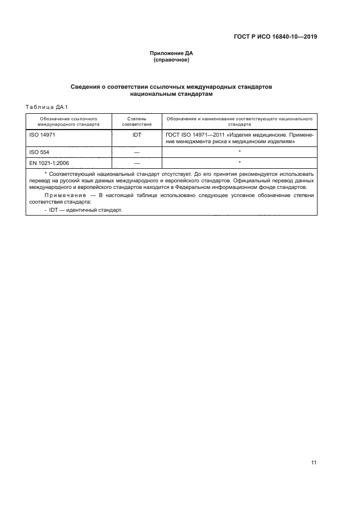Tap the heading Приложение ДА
point(172,53)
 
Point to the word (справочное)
point(172,60)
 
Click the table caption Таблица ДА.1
point(46,106)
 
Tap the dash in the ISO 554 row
point(137,153)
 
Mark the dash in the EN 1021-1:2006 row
point(137,163)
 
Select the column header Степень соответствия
point(137,121)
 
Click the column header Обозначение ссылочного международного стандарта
point(69,121)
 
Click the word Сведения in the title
point(89,87)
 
